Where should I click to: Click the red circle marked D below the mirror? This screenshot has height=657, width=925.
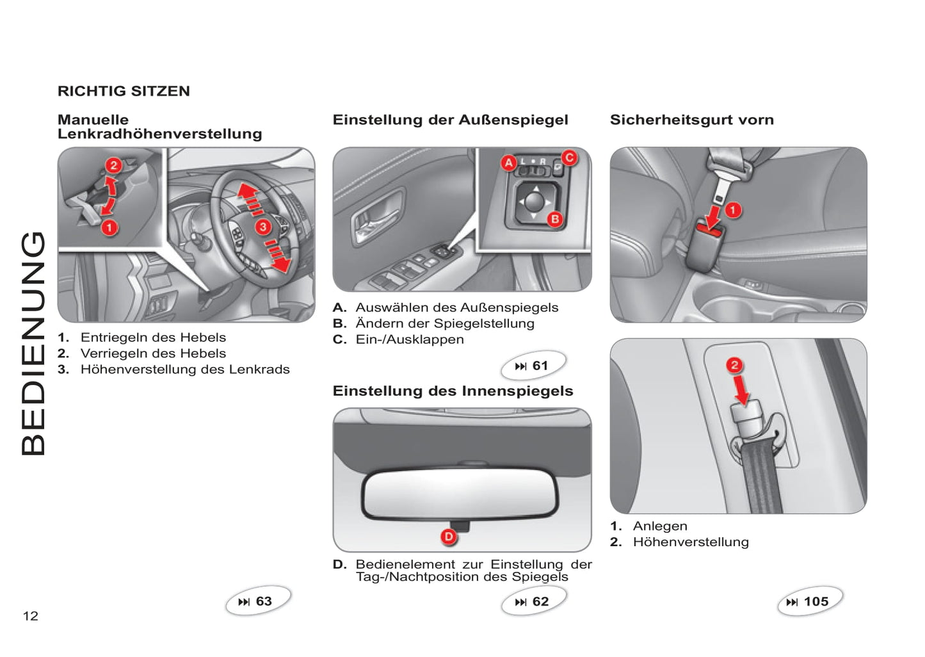click(449, 537)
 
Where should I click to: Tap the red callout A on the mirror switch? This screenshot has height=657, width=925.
click(509, 163)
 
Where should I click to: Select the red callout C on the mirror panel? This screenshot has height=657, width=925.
click(569, 158)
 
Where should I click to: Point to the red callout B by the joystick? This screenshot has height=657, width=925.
click(555, 219)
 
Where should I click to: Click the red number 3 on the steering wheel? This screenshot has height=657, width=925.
click(263, 227)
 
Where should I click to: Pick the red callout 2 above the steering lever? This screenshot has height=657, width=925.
click(113, 165)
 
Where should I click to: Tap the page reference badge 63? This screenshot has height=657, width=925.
click(258, 601)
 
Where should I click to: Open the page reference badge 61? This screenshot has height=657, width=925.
click(533, 365)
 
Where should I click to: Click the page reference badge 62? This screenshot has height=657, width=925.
click(534, 601)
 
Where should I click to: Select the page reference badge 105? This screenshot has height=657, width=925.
click(810, 601)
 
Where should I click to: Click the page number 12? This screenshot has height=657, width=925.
click(31, 616)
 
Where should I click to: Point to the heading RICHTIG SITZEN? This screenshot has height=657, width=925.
click(124, 91)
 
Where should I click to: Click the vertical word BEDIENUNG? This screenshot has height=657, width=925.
click(33, 343)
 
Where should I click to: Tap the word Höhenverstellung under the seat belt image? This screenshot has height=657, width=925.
click(691, 542)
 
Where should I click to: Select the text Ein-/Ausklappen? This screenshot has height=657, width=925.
click(410, 339)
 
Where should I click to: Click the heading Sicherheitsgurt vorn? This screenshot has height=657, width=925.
click(692, 120)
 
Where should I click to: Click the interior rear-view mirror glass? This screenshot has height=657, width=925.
click(460, 493)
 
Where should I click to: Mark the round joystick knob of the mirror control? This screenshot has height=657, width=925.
click(535, 201)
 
